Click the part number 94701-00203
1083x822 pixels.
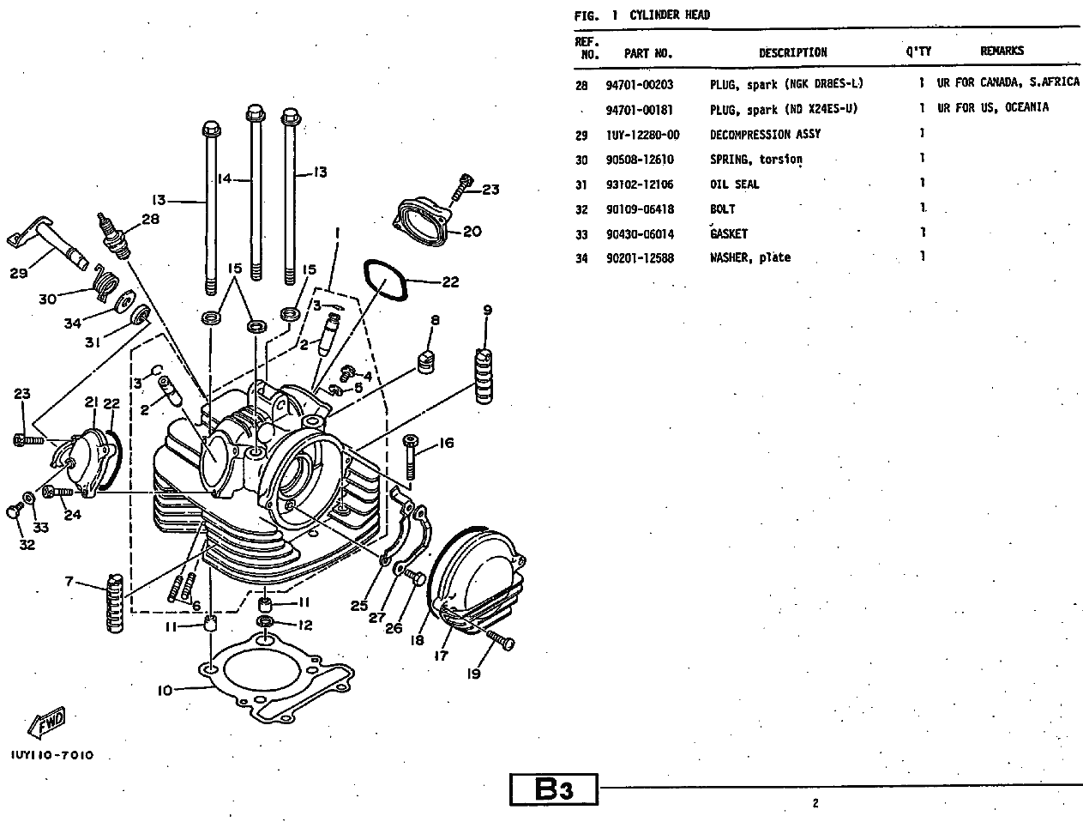639,85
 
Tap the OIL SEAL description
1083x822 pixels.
734,184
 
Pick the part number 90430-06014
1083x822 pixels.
640,233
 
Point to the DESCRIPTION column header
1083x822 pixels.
792,52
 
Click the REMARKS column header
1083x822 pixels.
1002,51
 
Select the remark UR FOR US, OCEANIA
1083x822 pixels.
992,108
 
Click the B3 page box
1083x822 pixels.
554,789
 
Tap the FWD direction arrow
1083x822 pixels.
46,724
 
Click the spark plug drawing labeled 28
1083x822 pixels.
117,234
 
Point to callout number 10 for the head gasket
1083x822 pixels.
165,689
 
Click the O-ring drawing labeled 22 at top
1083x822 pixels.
381,277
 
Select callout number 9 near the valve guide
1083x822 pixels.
487,310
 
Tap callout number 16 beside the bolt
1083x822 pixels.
446,443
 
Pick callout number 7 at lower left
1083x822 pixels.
69,581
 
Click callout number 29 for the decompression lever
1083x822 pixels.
19,272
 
